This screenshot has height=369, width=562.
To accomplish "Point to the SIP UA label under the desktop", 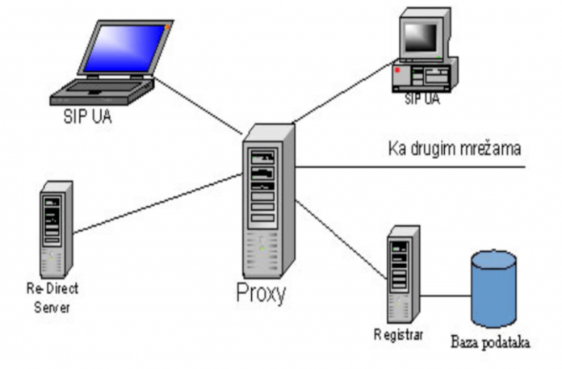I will [x=421, y=99].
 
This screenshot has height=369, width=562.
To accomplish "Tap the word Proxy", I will [x=261, y=293].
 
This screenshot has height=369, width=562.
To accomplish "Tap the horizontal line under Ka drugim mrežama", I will [x=412, y=167].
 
